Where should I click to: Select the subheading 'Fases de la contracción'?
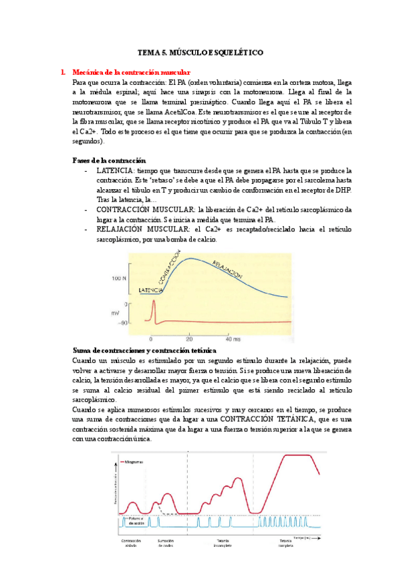tap(108, 160)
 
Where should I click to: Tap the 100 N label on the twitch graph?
tap(120, 277)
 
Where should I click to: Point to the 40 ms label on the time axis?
tap(232, 339)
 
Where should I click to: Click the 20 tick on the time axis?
tap(190, 339)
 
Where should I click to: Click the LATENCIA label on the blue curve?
tap(151, 291)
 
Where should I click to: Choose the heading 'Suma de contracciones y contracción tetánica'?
tap(143, 350)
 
